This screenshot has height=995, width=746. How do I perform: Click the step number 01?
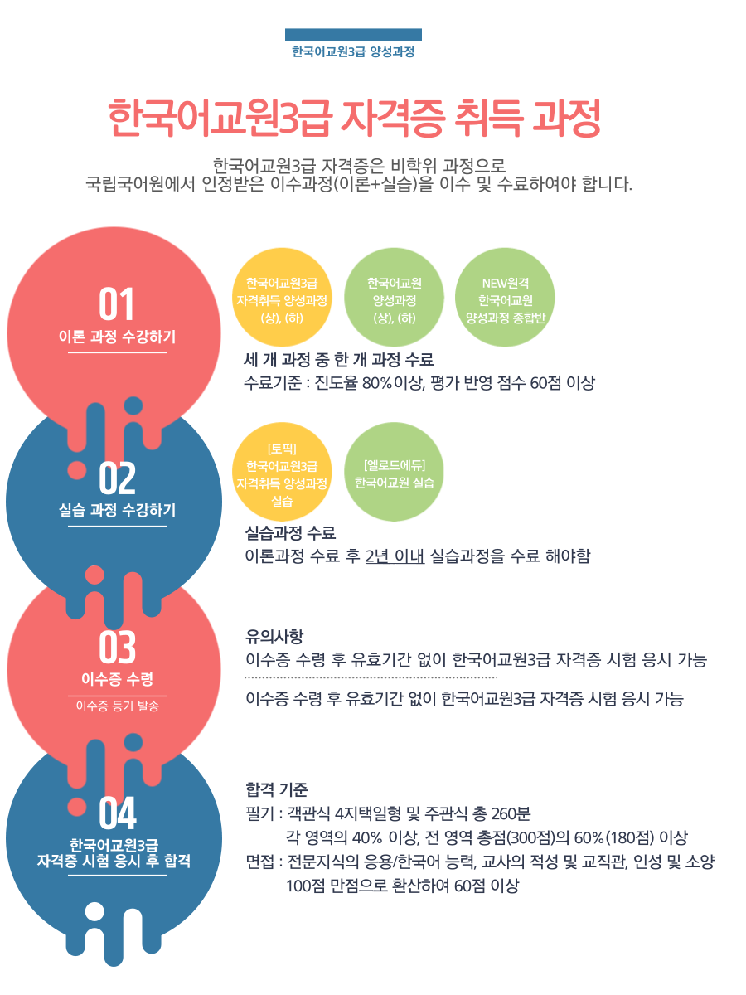[x=116, y=303]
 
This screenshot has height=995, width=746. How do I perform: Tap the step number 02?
[x=117, y=478]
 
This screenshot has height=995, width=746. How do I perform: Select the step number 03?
[x=117, y=647]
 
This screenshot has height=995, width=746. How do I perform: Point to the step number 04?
[x=118, y=813]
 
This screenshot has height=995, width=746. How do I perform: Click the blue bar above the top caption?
[x=353, y=35]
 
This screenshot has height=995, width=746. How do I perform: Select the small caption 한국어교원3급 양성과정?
[x=353, y=51]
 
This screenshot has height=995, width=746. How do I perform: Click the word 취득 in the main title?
[x=488, y=118]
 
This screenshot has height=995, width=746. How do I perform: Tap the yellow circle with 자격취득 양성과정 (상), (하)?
[x=282, y=298]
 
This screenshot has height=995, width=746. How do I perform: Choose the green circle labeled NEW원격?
[x=505, y=298]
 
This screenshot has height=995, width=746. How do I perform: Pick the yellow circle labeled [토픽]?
[x=282, y=472]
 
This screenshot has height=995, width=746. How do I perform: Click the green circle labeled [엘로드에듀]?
[x=394, y=472]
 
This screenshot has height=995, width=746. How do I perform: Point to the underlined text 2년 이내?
[x=395, y=556]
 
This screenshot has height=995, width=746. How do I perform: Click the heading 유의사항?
[x=274, y=636]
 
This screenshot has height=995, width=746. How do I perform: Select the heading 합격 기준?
[x=276, y=789]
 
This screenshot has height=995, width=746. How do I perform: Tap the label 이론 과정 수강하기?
[x=117, y=337]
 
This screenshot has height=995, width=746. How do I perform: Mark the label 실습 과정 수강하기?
[x=117, y=509]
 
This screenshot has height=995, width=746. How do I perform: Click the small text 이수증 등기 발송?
[x=118, y=706]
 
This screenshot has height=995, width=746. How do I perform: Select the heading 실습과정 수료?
[x=290, y=532]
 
